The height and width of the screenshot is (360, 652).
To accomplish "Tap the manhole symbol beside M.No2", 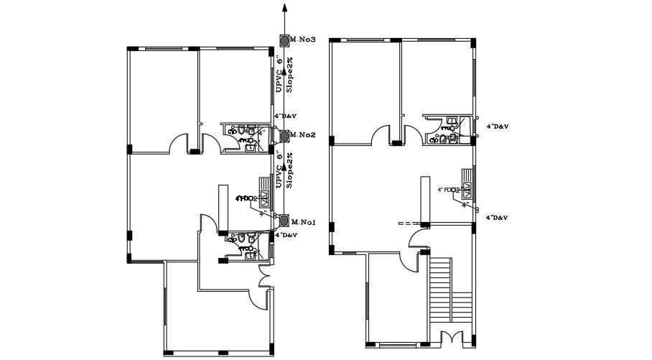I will (x=285, y=135).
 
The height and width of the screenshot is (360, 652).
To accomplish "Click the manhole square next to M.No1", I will (x=285, y=221).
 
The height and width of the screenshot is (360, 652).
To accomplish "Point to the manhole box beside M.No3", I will (x=285, y=39).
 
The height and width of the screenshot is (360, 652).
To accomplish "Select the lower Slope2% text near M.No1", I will (x=290, y=170).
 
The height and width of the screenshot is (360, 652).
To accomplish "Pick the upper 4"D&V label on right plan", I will (x=498, y=126).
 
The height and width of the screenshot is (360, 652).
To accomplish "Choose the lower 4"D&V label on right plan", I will (x=498, y=216).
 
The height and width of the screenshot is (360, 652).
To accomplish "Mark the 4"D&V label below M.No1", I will (x=288, y=235).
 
